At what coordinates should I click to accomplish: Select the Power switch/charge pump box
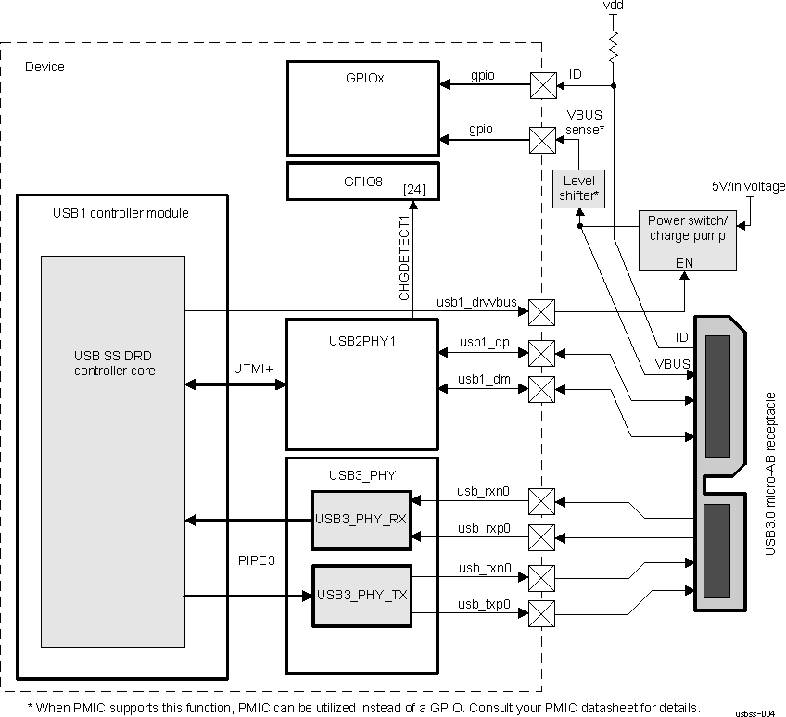click(x=688, y=240)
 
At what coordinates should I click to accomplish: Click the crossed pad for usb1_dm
click(x=541, y=387)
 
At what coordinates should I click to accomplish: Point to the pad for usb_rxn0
click(x=541, y=501)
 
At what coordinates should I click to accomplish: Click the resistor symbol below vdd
click(x=612, y=44)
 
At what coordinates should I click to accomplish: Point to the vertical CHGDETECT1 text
click(x=404, y=258)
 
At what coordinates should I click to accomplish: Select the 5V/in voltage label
click(x=748, y=186)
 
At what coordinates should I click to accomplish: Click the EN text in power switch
click(x=684, y=263)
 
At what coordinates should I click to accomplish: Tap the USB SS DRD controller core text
click(x=114, y=363)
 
